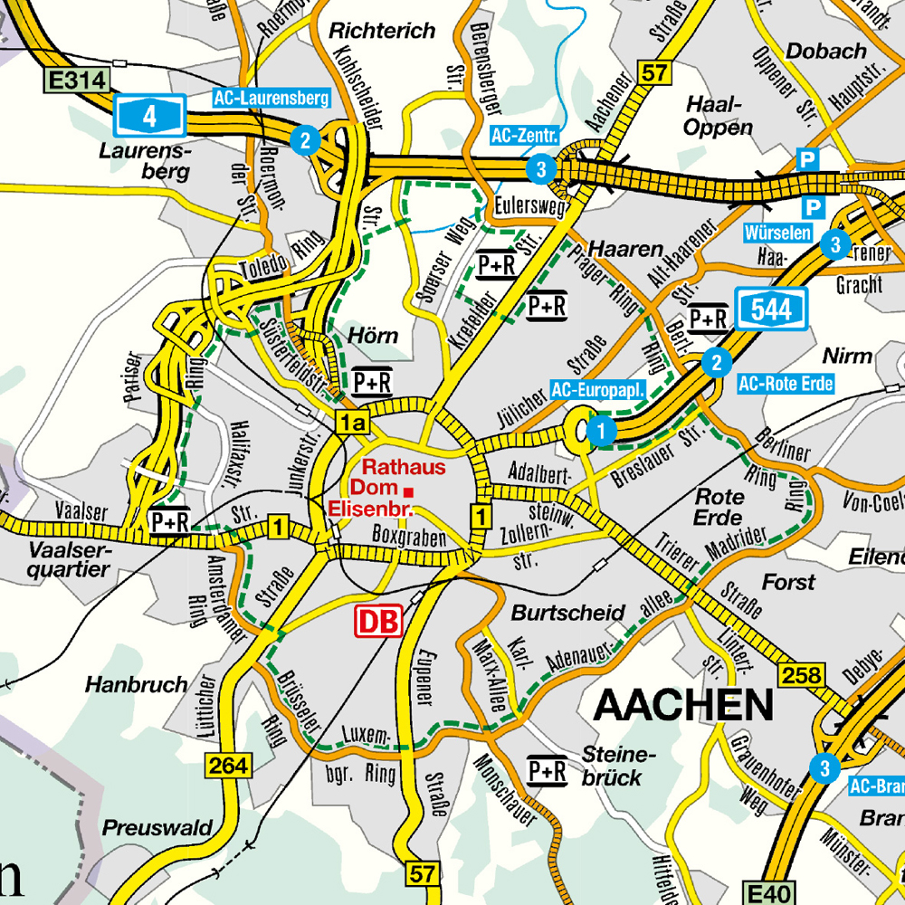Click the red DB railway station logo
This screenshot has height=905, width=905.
coord(378,621)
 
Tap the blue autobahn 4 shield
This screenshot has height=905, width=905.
coord(149,115)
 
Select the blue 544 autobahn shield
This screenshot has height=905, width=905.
coord(770,310)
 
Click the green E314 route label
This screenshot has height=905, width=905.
coord(78,81)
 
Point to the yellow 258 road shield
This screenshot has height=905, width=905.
coord(802,674)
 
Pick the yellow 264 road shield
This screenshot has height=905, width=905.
coord(227,766)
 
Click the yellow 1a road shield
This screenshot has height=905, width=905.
coord(351,422)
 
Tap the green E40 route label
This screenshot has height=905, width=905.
coord(767,892)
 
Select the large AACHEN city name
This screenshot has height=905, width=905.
coord(684,704)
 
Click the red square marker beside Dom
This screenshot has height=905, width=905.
coord(409,491)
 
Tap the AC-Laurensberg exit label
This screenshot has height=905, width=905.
coord(271,98)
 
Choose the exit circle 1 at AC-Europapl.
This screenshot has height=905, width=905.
coord(600,431)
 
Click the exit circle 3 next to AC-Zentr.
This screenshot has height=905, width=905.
coord(540,168)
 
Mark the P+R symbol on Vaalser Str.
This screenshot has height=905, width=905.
coord(170,522)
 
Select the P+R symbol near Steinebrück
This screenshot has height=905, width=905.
coord(547,770)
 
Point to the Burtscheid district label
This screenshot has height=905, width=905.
coord(557,613)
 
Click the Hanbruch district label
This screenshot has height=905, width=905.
coord(137,684)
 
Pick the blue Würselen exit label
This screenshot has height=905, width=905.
coord(776,233)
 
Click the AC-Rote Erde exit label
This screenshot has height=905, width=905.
coord(785,384)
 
